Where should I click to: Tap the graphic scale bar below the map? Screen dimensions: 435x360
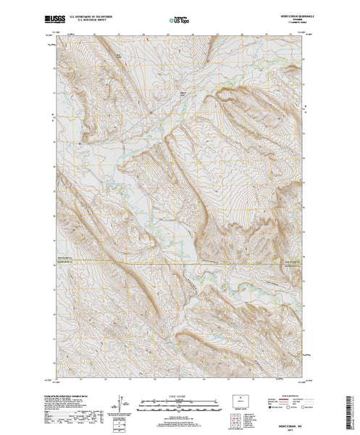pyautogui.click(x=180, y=402)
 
